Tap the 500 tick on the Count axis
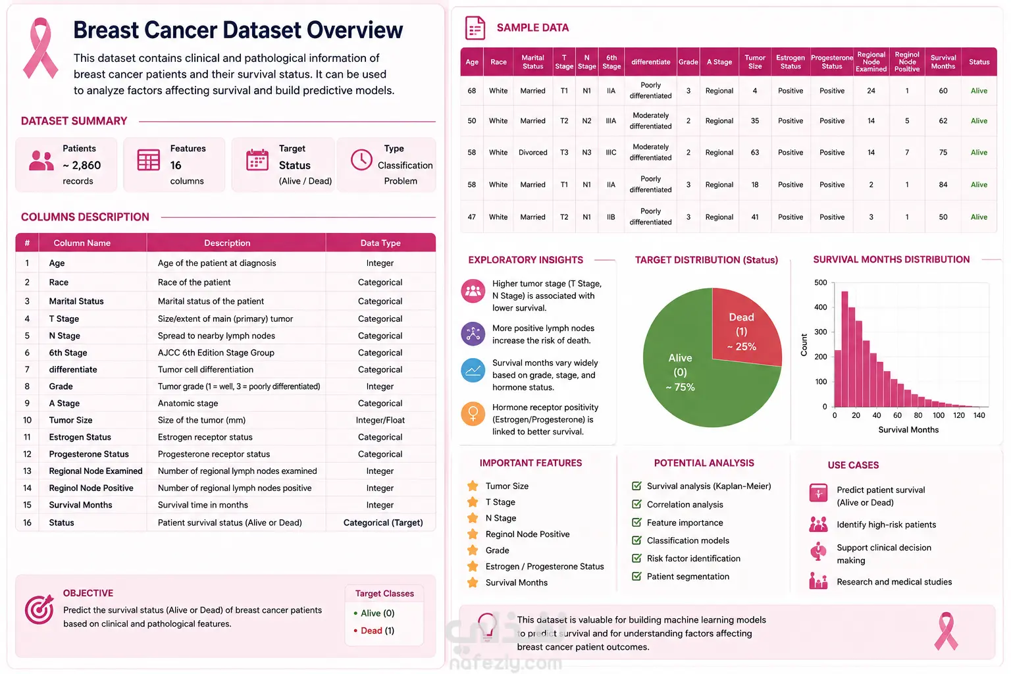pyautogui.click(x=821, y=282)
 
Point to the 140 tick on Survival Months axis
pyautogui.click(x=979, y=415)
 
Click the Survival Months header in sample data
pyautogui.click(x=943, y=62)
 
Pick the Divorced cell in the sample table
pyautogui.click(x=532, y=153)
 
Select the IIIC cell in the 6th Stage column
pyautogui.click(x=611, y=153)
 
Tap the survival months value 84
pyautogui.click(x=943, y=185)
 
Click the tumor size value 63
pyautogui.click(x=755, y=153)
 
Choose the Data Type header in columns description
pyautogui.click(x=380, y=243)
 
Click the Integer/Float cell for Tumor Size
pyautogui.click(x=380, y=421)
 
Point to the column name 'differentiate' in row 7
pyautogui.click(x=73, y=369)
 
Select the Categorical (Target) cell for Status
pyautogui.click(x=382, y=523)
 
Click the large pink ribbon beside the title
pyautogui.click(x=41, y=48)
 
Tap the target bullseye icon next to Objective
pyautogui.click(x=39, y=609)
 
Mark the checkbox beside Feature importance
pyautogui.click(x=636, y=523)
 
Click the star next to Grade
pyautogui.click(x=473, y=550)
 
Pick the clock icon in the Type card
pyautogui.click(x=361, y=160)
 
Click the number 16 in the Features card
pyautogui.click(x=176, y=166)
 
